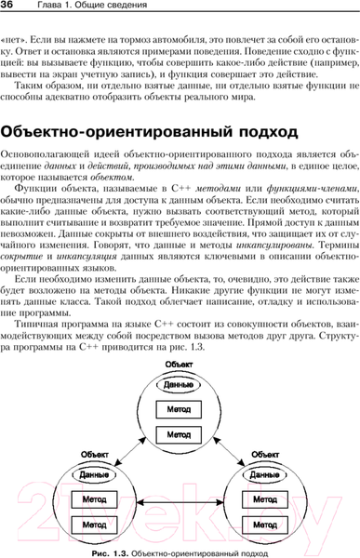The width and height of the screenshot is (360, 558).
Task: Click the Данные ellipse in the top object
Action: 179,384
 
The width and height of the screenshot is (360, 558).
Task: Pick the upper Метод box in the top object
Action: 179,409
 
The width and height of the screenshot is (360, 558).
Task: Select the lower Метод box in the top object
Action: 179,433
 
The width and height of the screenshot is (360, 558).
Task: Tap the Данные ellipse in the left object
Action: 89,473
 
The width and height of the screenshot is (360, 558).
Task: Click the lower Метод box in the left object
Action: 90,525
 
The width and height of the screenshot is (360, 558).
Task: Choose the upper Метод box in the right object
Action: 267,499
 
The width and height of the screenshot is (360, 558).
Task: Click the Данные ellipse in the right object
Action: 267,473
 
